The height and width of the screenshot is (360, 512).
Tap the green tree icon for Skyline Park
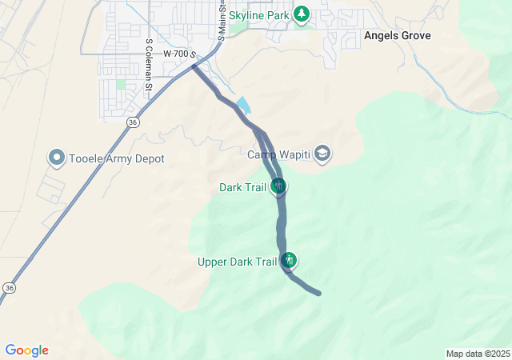[302, 14]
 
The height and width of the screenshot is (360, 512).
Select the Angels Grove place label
[397, 36]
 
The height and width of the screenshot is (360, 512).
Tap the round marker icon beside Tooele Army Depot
[58, 158]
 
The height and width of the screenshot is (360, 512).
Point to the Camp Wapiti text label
[278, 154]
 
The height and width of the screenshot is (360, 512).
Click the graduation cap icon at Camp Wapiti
[322, 153]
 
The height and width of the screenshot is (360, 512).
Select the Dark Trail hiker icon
[278, 186]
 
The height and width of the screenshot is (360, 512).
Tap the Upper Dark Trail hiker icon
[290, 260]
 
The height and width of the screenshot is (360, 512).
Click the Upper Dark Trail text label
[237, 262]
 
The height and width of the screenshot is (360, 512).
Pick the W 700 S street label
[179, 54]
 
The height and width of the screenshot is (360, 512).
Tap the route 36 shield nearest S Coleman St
[132, 122]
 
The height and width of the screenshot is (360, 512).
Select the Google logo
[26, 350]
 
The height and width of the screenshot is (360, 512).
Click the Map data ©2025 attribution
[477, 354]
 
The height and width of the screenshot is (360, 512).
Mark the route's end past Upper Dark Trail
[318, 293]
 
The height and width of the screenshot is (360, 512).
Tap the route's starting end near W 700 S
[194, 65]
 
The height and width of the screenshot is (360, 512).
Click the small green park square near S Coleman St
[121, 83]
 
